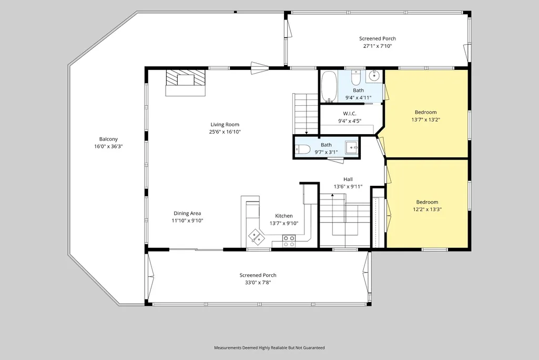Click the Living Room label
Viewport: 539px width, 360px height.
225,125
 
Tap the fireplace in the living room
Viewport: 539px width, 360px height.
186,83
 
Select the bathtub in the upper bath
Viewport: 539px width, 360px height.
329,87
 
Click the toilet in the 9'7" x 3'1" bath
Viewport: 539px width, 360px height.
303,149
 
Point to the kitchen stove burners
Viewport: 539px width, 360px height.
289,241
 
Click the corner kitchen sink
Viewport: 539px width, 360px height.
257,236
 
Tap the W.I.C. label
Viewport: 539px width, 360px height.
350,114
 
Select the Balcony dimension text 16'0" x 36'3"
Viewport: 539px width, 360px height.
109,146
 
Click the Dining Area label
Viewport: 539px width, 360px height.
187,213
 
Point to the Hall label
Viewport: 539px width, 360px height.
348,179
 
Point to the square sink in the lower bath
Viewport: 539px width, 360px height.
352,148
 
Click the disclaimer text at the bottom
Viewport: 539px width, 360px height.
269,347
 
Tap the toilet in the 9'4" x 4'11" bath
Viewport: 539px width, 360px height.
355,78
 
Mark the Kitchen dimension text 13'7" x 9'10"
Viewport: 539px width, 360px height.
284,223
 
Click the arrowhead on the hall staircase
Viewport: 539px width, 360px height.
332,195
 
